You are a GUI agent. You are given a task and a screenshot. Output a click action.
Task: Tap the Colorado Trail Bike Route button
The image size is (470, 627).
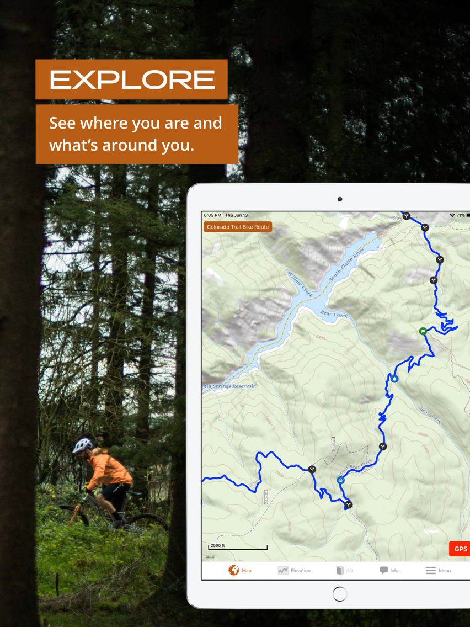[238, 227]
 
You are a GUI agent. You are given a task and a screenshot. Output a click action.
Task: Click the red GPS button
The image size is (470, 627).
[460, 549]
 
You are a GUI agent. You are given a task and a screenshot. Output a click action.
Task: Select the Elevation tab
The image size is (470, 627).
[294, 570]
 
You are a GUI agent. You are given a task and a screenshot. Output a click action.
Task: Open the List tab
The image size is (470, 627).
[345, 570]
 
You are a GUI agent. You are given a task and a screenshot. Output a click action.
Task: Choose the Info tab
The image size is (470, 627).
[389, 570]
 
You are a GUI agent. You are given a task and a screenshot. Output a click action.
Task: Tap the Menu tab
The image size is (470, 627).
[438, 570]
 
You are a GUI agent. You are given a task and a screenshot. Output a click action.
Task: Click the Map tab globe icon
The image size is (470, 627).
[234, 570]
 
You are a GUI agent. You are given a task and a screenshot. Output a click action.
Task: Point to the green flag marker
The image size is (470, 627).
[423, 331]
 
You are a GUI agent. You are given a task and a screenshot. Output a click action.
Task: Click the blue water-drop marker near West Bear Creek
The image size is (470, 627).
[340, 480]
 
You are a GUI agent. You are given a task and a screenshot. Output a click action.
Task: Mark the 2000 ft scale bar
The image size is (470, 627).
[238, 547]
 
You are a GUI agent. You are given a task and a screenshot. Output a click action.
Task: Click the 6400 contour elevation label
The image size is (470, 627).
[321, 338]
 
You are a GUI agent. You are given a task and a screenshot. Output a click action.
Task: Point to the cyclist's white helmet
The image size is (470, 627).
[83, 444]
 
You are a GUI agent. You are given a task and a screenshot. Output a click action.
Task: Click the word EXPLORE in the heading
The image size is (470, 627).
[132, 80]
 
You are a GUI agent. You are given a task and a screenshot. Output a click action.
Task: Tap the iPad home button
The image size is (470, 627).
[340, 594]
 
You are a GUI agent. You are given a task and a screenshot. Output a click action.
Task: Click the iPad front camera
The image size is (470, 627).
[340, 199]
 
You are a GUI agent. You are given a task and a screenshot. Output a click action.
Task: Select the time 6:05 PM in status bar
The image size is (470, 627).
[212, 215]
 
